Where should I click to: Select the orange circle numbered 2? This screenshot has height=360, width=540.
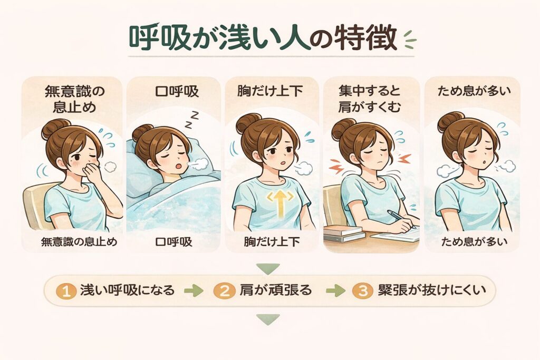click(x=224, y=291)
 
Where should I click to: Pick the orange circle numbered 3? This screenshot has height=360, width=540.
click(x=363, y=291)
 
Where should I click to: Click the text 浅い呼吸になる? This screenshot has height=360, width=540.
click(x=128, y=290)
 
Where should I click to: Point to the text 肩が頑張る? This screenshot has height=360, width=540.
click(x=276, y=290)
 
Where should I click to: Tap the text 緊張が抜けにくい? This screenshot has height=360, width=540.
click(x=432, y=290)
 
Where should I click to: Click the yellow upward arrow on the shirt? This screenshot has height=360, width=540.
click(x=281, y=203)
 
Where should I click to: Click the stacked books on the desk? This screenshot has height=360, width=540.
click(x=344, y=233)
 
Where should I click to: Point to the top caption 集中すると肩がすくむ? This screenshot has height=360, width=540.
click(x=370, y=99)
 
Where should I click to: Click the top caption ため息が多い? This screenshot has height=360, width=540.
click(x=474, y=91)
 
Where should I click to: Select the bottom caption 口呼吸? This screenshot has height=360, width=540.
click(x=173, y=241)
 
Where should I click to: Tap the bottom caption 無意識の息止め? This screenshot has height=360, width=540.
click(x=79, y=241)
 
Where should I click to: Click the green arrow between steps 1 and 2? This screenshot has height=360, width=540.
click(x=194, y=291)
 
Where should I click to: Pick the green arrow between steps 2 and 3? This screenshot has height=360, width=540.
click(x=335, y=291)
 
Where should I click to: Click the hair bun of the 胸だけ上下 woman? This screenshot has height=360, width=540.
click(x=247, y=123)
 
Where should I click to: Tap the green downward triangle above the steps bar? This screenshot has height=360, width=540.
click(x=268, y=268)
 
